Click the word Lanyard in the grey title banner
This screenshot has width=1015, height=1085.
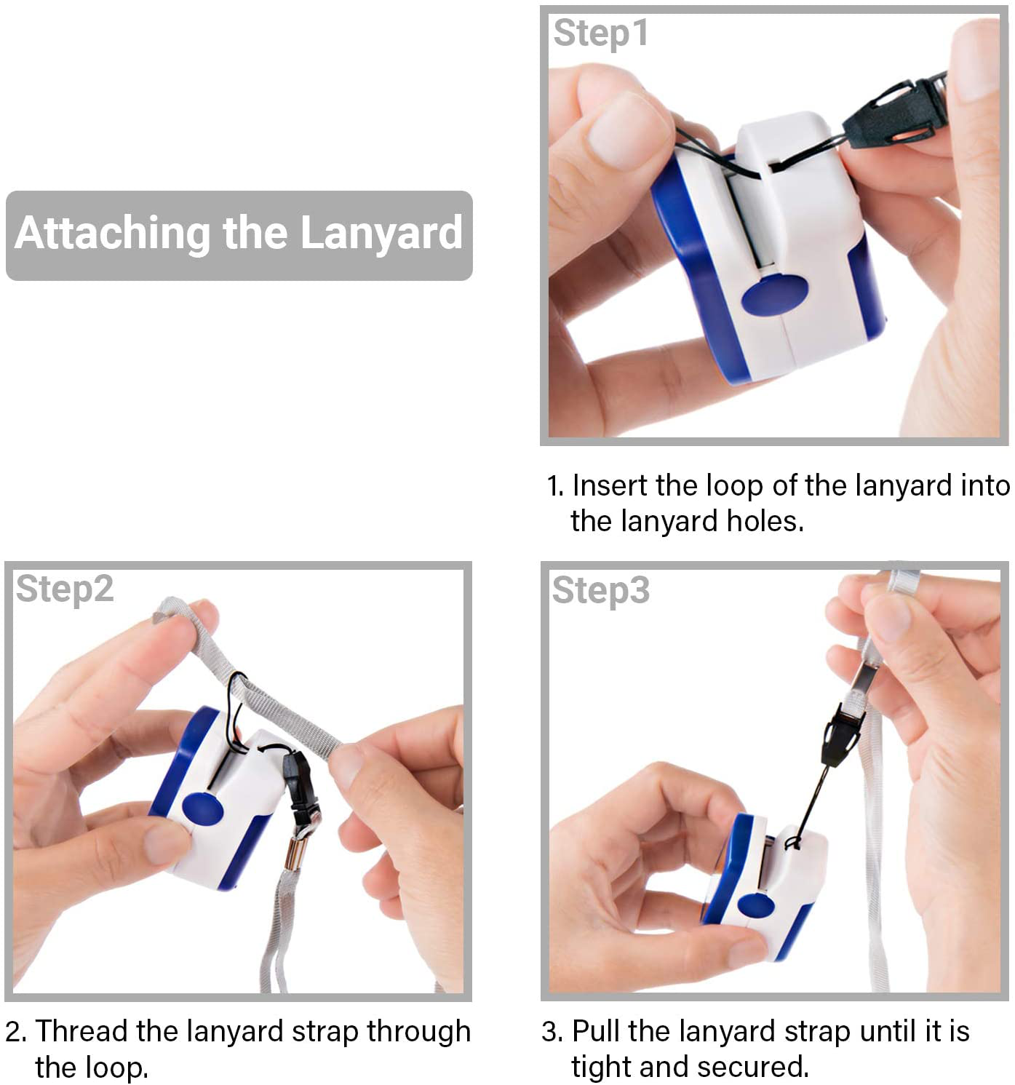click(x=381, y=234)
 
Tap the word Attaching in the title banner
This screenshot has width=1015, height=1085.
click(x=113, y=234)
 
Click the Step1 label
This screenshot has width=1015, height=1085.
click(x=601, y=33)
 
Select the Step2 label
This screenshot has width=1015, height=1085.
click(x=65, y=589)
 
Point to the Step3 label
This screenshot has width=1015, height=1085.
click(x=601, y=591)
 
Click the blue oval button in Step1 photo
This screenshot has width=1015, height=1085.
click(x=774, y=295)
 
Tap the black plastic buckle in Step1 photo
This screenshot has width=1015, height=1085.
click(x=896, y=112)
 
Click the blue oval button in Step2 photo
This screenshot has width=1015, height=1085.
click(x=203, y=808)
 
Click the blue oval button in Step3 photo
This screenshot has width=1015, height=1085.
click(x=756, y=905)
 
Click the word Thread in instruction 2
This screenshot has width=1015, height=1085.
click(x=82, y=1031)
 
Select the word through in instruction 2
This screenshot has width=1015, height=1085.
click(x=418, y=1033)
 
